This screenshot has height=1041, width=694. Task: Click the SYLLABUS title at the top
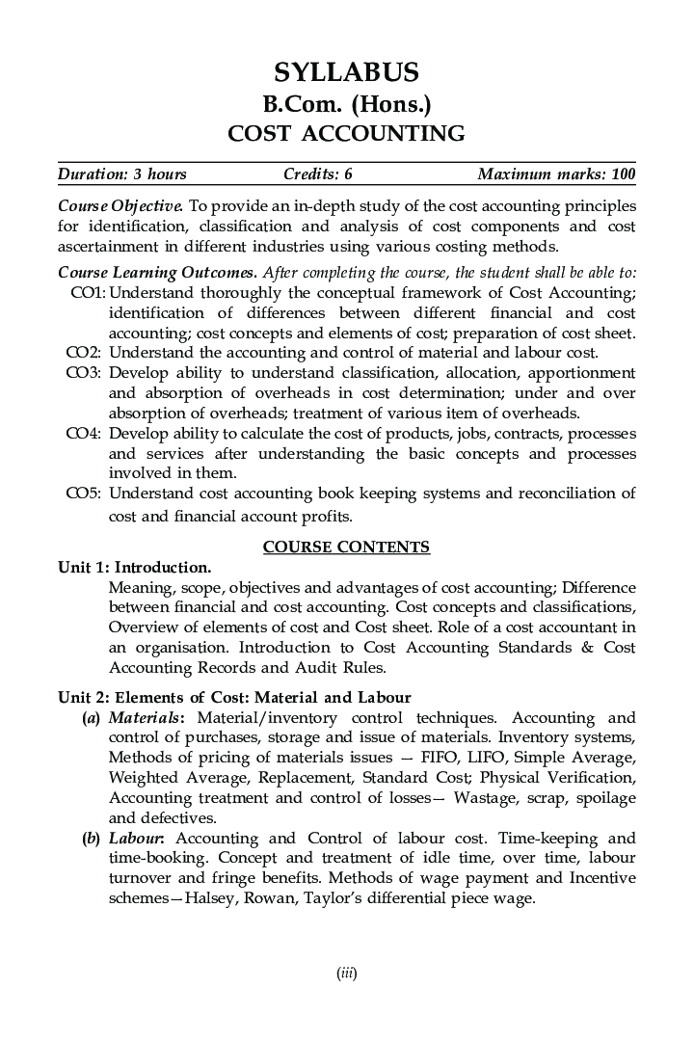(346, 72)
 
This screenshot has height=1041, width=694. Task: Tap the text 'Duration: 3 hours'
(122, 174)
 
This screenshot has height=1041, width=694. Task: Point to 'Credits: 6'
(318, 174)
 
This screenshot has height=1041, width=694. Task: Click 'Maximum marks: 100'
(556, 174)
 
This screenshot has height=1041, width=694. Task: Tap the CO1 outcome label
(88, 292)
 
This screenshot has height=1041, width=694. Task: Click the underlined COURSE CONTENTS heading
(346, 547)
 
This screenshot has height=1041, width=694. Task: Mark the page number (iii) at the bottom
(347, 974)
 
